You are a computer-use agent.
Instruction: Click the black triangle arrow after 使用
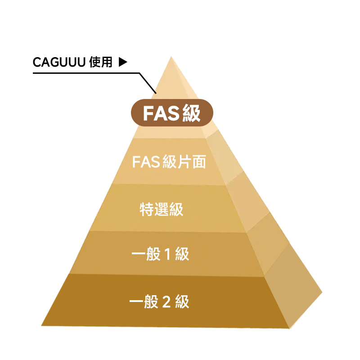coord(123,62)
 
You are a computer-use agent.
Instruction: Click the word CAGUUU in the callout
coord(59,62)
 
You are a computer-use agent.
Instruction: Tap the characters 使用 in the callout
coord(101,62)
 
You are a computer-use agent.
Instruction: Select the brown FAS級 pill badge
coord(172,113)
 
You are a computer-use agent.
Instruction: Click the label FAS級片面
coord(169,162)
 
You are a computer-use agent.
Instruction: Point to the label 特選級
coord(162,209)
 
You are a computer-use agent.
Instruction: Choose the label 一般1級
coord(160,254)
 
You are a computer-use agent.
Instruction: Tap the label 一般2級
coord(159,301)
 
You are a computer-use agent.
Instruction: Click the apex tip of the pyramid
coord(171,57)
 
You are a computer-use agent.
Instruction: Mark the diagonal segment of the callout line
coord(148,83)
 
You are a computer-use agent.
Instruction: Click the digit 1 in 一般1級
coord(168,254)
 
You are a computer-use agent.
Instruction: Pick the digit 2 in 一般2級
coord(166,301)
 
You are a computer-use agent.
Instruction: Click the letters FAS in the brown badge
coord(162,113)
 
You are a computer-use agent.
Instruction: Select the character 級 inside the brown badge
coord(192,113)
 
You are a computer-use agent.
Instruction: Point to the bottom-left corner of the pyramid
coord(41,325)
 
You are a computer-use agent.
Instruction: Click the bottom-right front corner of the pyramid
coord(289,328)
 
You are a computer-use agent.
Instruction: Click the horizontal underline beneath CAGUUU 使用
coord(86,73)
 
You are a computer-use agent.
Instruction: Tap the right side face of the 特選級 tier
coord(248,202)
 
